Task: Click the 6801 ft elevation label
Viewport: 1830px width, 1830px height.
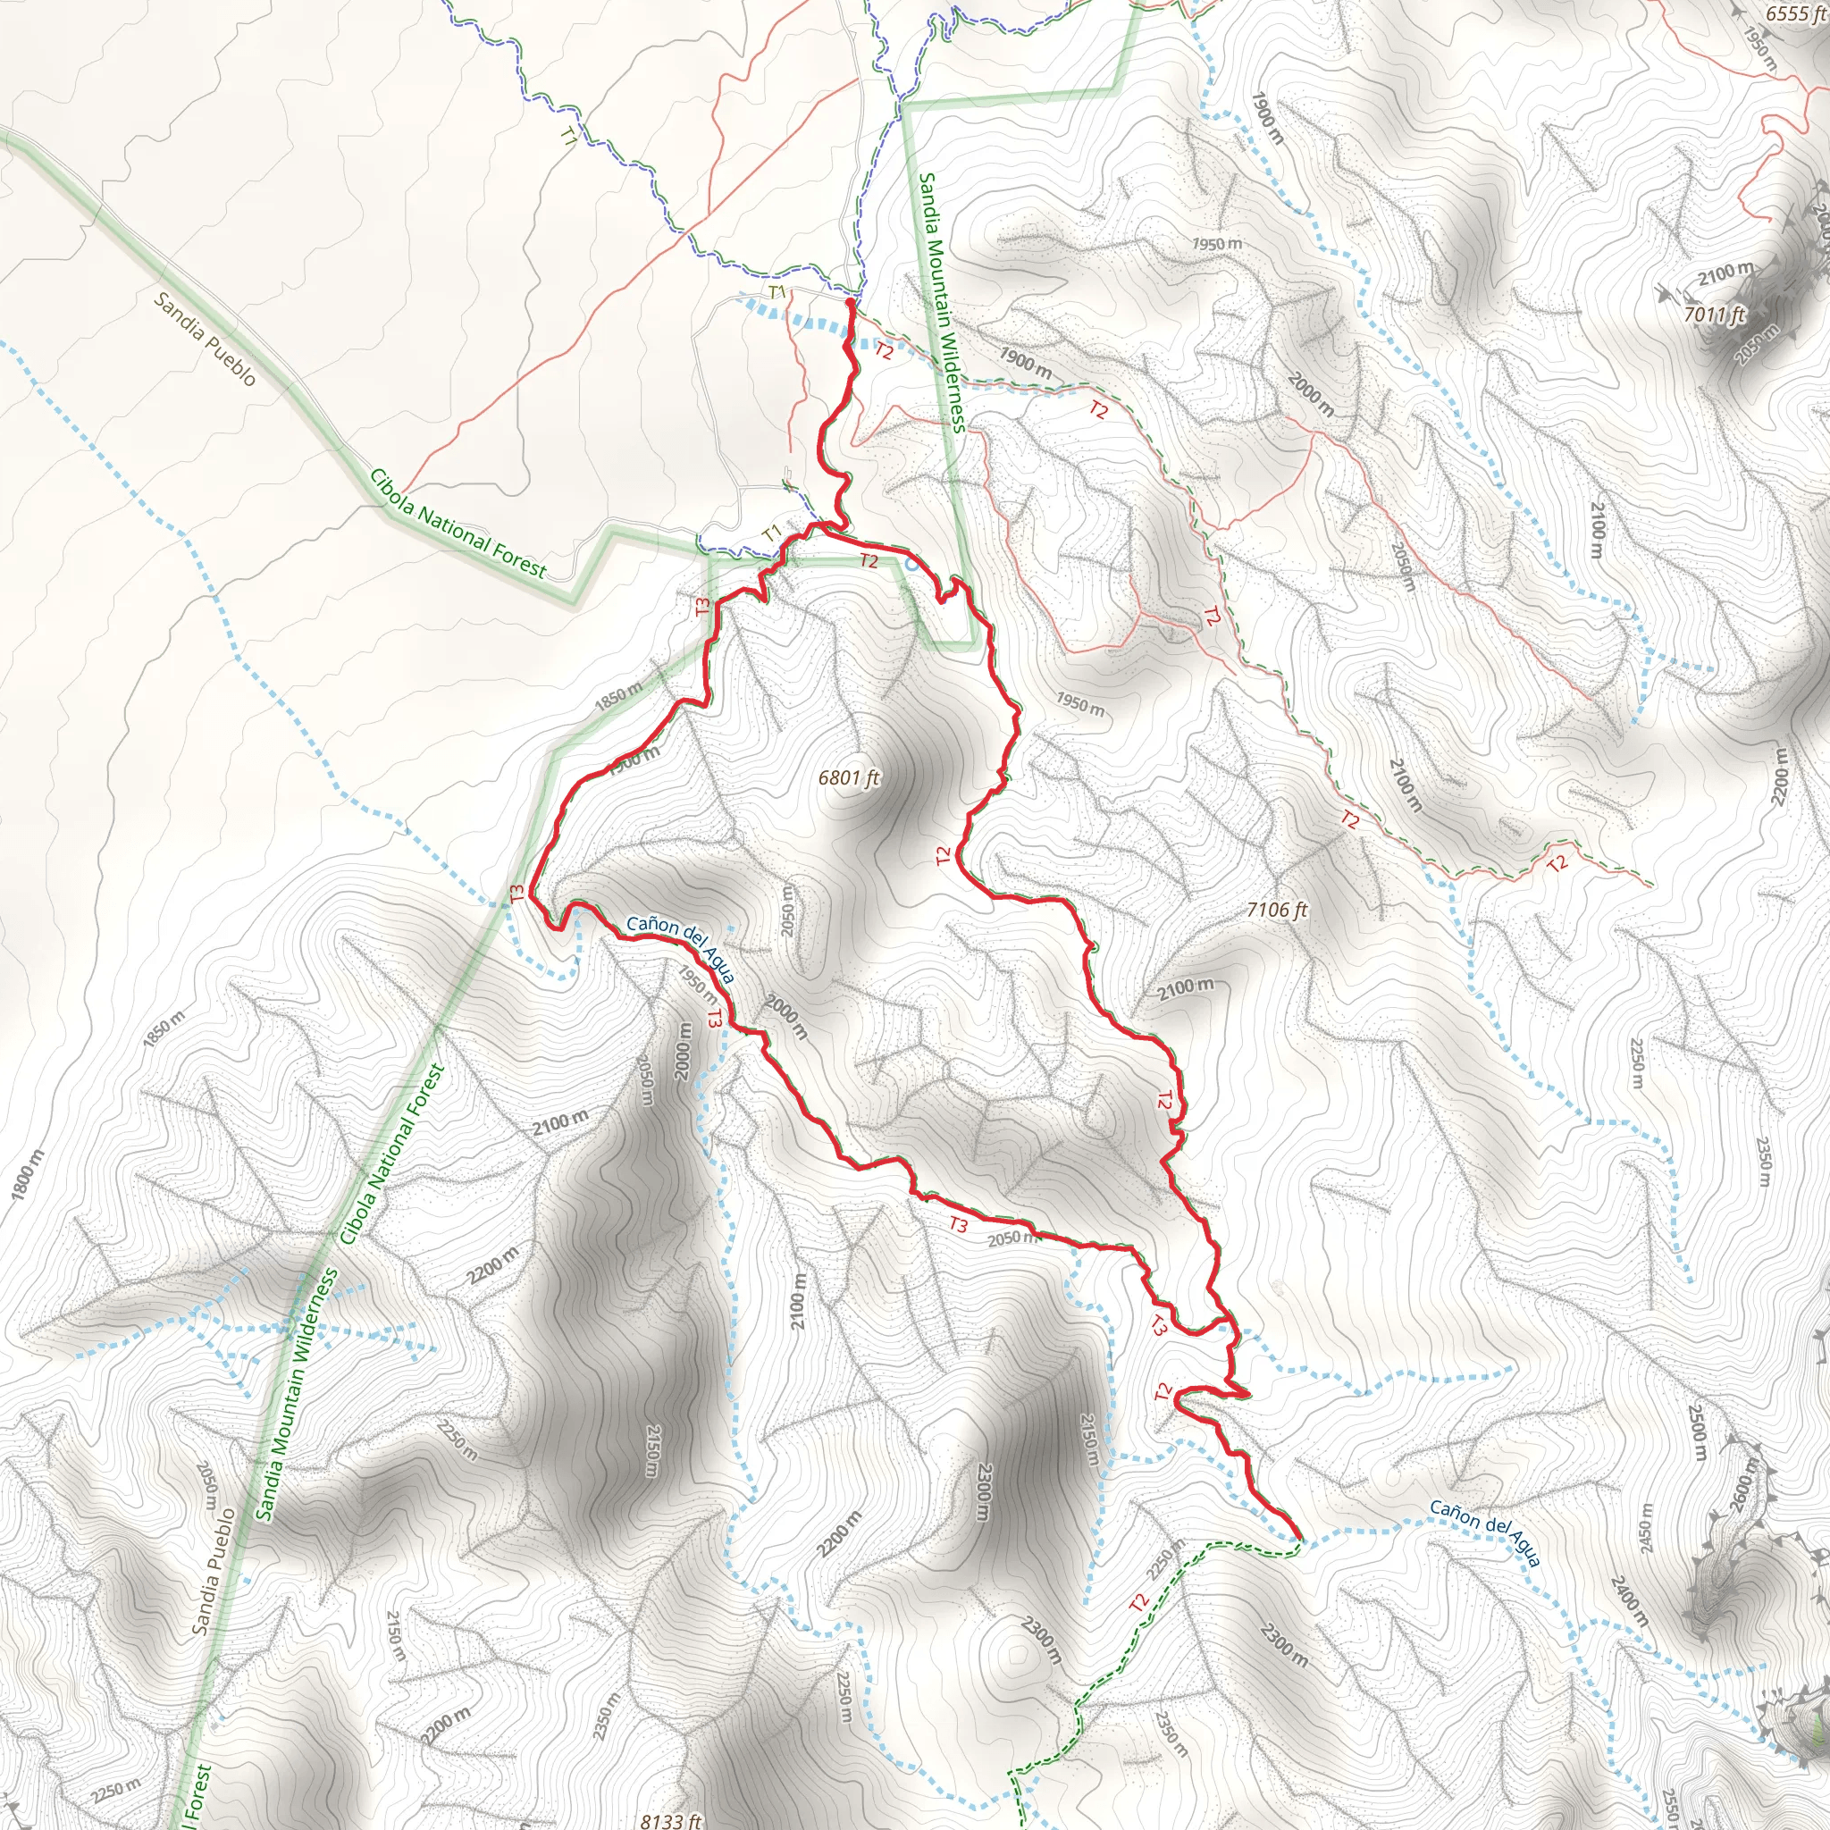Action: [x=849, y=777]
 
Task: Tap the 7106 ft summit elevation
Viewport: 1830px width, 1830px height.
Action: [x=1277, y=911]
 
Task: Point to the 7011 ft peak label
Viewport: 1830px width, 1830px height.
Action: [x=1715, y=314]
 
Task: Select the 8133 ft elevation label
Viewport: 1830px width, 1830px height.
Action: [x=671, y=1820]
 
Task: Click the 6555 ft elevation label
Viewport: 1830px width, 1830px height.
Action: [x=1794, y=13]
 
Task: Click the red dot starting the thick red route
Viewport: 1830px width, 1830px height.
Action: [x=850, y=302]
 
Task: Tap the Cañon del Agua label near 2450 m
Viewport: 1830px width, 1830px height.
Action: [x=1484, y=1532]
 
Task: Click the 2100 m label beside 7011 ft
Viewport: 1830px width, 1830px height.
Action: [x=1725, y=273]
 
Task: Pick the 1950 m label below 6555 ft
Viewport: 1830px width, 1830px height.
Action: [x=1760, y=47]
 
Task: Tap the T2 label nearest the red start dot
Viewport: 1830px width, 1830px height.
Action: [x=884, y=351]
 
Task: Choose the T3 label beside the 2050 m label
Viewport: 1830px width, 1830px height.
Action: [x=959, y=1226]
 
